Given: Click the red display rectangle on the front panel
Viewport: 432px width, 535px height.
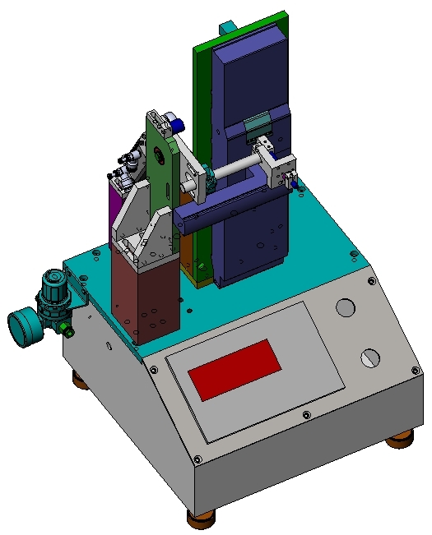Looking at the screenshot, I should (235, 371).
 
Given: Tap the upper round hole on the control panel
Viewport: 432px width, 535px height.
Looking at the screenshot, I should (346, 307).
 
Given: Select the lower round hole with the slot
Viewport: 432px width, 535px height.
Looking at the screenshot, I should (370, 358).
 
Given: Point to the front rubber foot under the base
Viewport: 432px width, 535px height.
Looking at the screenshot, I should (202, 519).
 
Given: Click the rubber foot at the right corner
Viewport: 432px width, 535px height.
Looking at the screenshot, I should (400, 441).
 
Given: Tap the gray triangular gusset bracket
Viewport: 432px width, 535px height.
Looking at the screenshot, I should (137, 222).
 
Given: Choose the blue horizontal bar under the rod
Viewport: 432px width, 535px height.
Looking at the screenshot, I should (222, 207).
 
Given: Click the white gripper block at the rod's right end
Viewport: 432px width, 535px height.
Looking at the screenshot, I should (281, 168).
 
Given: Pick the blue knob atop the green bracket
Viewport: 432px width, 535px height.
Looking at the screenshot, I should (178, 124).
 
